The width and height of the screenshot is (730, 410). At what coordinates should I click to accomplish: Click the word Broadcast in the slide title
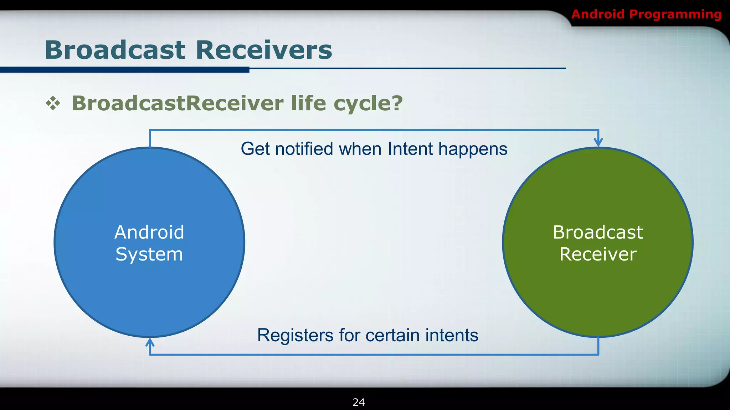pos(115,50)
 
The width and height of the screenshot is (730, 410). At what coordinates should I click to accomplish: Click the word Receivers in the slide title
pos(264,50)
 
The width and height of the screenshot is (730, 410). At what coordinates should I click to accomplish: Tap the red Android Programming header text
pos(646,14)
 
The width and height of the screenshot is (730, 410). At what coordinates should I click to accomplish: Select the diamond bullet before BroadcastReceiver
pos(53,103)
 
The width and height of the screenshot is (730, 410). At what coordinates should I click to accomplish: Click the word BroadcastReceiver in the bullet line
pos(178,103)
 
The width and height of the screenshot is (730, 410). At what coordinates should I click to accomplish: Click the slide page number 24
pos(359,402)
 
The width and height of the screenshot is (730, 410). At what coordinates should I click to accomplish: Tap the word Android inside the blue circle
pos(149,232)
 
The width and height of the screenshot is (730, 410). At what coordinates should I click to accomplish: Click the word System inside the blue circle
pos(149,254)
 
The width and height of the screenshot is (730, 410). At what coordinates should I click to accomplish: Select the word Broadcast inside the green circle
pos(598,232)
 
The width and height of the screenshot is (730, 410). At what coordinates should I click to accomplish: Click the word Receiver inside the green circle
pos(598,254)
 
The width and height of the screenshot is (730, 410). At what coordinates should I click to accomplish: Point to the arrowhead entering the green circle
pos(598,142)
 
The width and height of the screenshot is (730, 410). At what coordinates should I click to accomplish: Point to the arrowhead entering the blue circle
pos(150,342)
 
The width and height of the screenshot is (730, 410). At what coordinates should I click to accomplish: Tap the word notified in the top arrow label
pos(304,149)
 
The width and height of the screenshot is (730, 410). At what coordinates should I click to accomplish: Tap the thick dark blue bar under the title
pos(125,70)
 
